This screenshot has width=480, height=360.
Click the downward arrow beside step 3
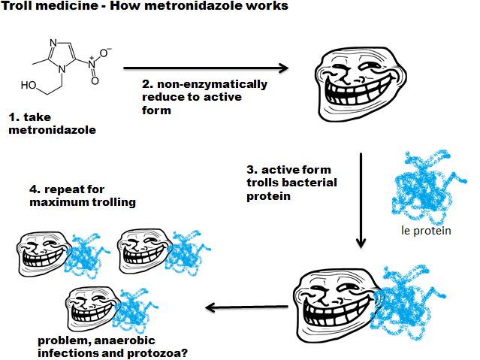tap(361, 199)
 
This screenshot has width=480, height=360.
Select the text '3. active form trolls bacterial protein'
tap(291, 183)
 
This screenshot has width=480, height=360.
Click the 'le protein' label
tap(426, 230)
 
